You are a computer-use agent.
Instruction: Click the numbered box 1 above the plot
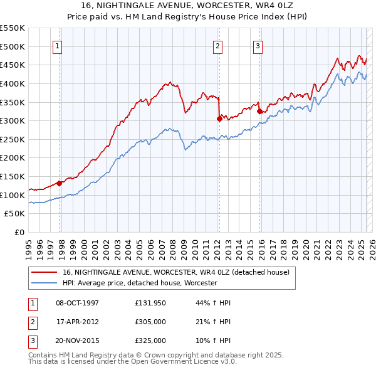(x=57, y=46)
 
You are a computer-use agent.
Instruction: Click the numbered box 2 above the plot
(x=217, y=46)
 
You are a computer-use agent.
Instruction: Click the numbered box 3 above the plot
(x=258, y=46)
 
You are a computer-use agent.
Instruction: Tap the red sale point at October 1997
(x=60, y=183)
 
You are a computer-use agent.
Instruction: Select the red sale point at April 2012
(x=219, y=119)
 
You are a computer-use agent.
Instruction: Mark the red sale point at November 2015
(x=259, y=111)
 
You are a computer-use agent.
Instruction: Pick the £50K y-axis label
(x=15, y=214)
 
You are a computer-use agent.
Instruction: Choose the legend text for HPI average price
(x=140, y=283)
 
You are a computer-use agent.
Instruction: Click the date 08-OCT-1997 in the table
(x=78, y=303)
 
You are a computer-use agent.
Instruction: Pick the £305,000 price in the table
(x=150, y=322)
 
